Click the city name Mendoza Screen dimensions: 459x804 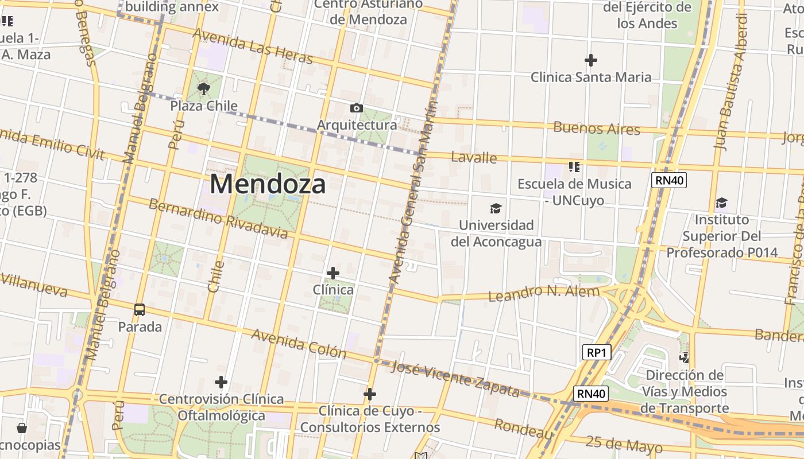[x=268, y=184]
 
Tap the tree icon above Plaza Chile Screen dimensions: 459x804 [x=203, y=89]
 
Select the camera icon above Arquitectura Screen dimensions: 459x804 [x=357, y=108]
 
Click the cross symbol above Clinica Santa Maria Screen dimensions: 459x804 [x=590, y=60]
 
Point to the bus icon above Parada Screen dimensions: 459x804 [x=140, y=310]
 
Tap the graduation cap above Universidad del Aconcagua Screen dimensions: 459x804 [x=496, y=208]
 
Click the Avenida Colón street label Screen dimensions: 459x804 [x=299, y=343]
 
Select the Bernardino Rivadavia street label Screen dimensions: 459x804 [x=218, y=219]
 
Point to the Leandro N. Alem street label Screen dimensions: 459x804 [x=543, y=293]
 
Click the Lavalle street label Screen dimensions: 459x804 [x=474, y=157]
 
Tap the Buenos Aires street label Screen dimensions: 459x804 [x=597, y=128]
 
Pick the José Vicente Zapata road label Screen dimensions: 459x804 [x=455, y=379]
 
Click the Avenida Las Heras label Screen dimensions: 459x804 [x=253, y=46]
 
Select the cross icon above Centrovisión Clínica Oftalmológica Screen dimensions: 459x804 [x=221, y=382]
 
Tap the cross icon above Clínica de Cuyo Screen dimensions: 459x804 [x=370, y=394]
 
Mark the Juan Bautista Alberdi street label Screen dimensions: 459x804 [x=730, y=80]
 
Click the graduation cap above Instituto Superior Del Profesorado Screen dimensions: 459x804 [x=721, y=203]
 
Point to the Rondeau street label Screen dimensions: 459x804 [x=523, y=427]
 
